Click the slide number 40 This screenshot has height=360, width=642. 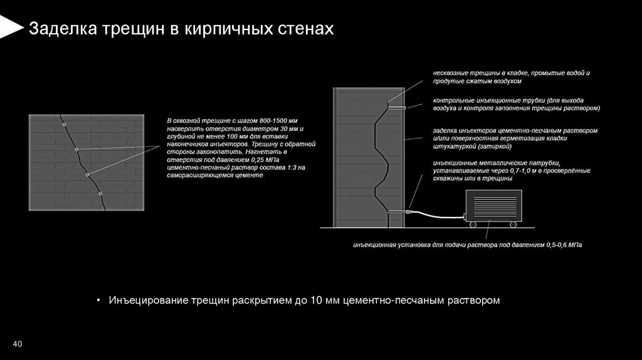point(17,345)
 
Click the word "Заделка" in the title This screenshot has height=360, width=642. point(60,29)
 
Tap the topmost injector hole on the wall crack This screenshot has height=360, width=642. point(64,125)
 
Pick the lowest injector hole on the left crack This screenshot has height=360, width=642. point(100,194)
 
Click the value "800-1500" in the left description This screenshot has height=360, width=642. point(272,120)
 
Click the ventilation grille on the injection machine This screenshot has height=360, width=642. point(492,206)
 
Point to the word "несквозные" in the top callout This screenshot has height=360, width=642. point(449,73)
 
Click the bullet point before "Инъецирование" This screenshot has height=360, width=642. point(98,300)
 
